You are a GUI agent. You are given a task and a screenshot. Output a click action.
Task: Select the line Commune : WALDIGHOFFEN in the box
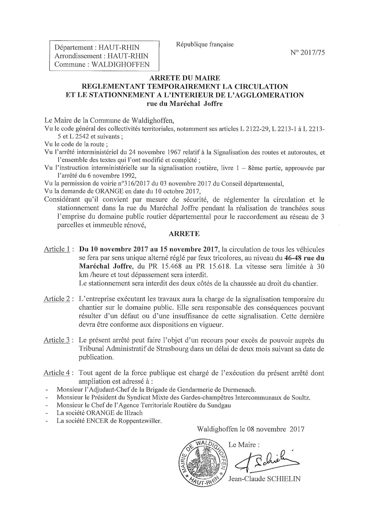tap(102, 64)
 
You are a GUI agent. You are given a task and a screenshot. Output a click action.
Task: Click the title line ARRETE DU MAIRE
tap(185, 78)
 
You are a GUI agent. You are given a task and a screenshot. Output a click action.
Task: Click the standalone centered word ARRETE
tap(184, 233)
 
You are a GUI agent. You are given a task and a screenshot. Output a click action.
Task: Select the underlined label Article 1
tap(57, 249)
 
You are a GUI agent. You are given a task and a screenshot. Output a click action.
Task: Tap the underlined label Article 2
tap(57, 298)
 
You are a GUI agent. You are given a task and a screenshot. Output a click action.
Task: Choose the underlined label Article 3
tap(57, 340)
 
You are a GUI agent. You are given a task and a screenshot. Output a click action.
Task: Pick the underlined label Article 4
tap(57, 373)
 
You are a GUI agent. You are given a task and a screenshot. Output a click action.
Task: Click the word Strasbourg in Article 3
tap(172, 349)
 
